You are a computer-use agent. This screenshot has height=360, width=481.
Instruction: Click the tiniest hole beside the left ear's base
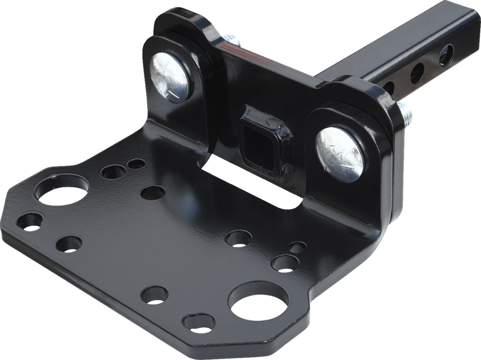[x=137, y=163]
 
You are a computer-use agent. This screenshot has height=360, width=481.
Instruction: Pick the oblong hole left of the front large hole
[x=199, y=322]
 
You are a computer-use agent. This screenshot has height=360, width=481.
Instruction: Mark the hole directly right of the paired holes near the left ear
[x=153, y=193]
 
